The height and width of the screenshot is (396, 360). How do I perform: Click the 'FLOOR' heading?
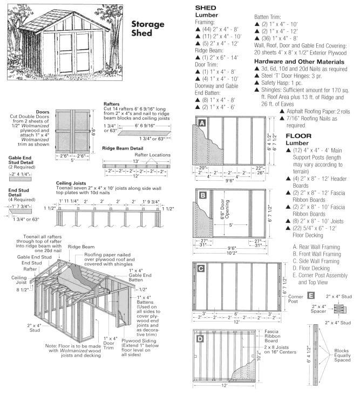[x=300, y=135]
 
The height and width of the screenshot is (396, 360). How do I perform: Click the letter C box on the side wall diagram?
[x=201, y=268]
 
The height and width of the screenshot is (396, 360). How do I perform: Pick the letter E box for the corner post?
[x=311, y=295]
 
